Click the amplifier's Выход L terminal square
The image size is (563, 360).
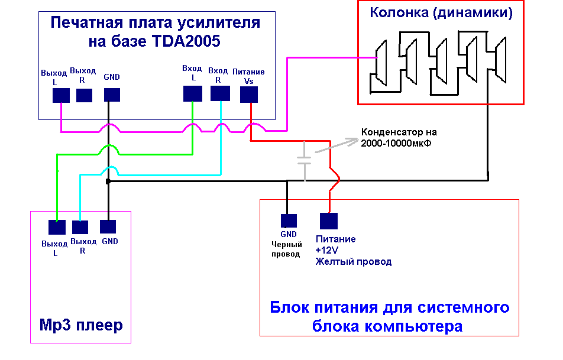pyautogui.click(x=62, y=95)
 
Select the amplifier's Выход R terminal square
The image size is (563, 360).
pyautogui.click(x=85, y=95)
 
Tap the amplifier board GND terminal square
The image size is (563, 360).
pyautogui.click(x=112, y=95)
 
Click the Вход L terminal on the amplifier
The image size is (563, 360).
pyautogui.click(x=192, y=93)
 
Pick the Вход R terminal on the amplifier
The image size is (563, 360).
pyautogui.click(x=220, y=93)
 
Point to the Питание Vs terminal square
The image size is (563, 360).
pyautogui.click(x=249, y=94)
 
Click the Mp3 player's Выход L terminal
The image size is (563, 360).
pyautogui.click(x=57, y=227)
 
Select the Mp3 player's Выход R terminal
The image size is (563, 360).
pyautogui.click(x=80, y=227)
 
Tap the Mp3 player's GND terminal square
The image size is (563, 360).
pyautogui.click(x=108, y=226)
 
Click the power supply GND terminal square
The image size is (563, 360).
pyautogui.click(x=287, y=220)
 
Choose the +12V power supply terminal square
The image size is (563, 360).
pyautogui.click(x=329, y=220)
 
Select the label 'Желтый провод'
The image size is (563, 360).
pyautogui.click(x=353, y=261)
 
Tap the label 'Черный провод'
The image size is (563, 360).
pyautogui.click(x=287, y=249)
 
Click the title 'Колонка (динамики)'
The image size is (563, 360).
pyautogui.click(x=441, y=12)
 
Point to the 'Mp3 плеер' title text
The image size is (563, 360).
pyautogui.click(x=81, y=325)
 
